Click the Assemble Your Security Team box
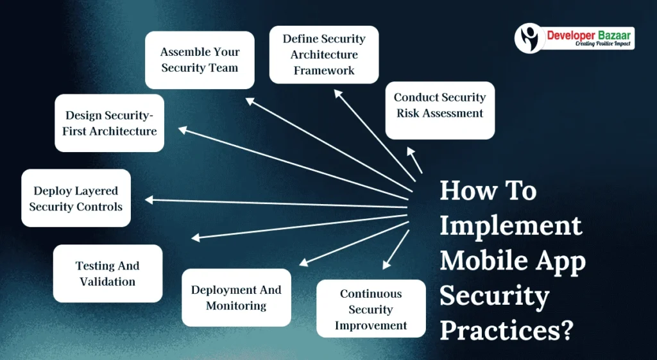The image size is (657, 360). [200, 60]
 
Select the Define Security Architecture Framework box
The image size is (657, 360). [324, 55]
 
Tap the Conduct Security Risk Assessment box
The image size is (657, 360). [440, 110]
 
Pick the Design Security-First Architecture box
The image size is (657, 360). [109, 123]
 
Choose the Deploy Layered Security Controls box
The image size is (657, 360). [76, 198]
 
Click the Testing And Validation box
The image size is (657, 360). [108, 273]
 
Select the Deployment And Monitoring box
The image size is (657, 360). [236, 298]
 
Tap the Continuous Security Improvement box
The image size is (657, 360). [371, 309]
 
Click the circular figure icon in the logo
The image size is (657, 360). [530, 38]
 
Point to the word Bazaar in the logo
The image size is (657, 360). [611, 35]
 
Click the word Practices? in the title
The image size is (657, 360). [506, 330]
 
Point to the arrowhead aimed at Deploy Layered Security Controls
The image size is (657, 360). [149, 200]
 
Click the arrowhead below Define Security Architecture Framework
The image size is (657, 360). [338, 94]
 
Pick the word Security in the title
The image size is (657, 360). [495, 296]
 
